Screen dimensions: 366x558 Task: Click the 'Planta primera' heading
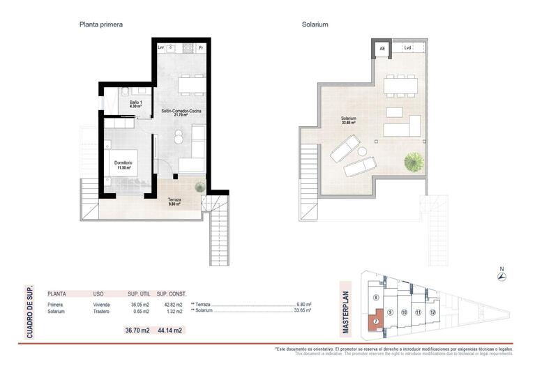pos(101,24)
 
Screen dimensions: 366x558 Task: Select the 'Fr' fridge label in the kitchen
pos(201,47)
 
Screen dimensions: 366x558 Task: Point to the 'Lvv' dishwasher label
pos(161,47)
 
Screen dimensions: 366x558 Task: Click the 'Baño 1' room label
pos(136,104)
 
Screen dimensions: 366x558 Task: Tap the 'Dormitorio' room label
pos(123,164)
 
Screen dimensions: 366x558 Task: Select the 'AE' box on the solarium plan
pos(382,48)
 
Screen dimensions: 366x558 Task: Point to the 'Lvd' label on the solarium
pos(407,48)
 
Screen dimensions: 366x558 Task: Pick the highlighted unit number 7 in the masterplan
pos(376,321)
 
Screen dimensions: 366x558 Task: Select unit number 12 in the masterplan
pos(433,312)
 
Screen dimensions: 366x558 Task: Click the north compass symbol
pos(502,277)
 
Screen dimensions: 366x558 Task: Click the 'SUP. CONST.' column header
pos(172,293)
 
